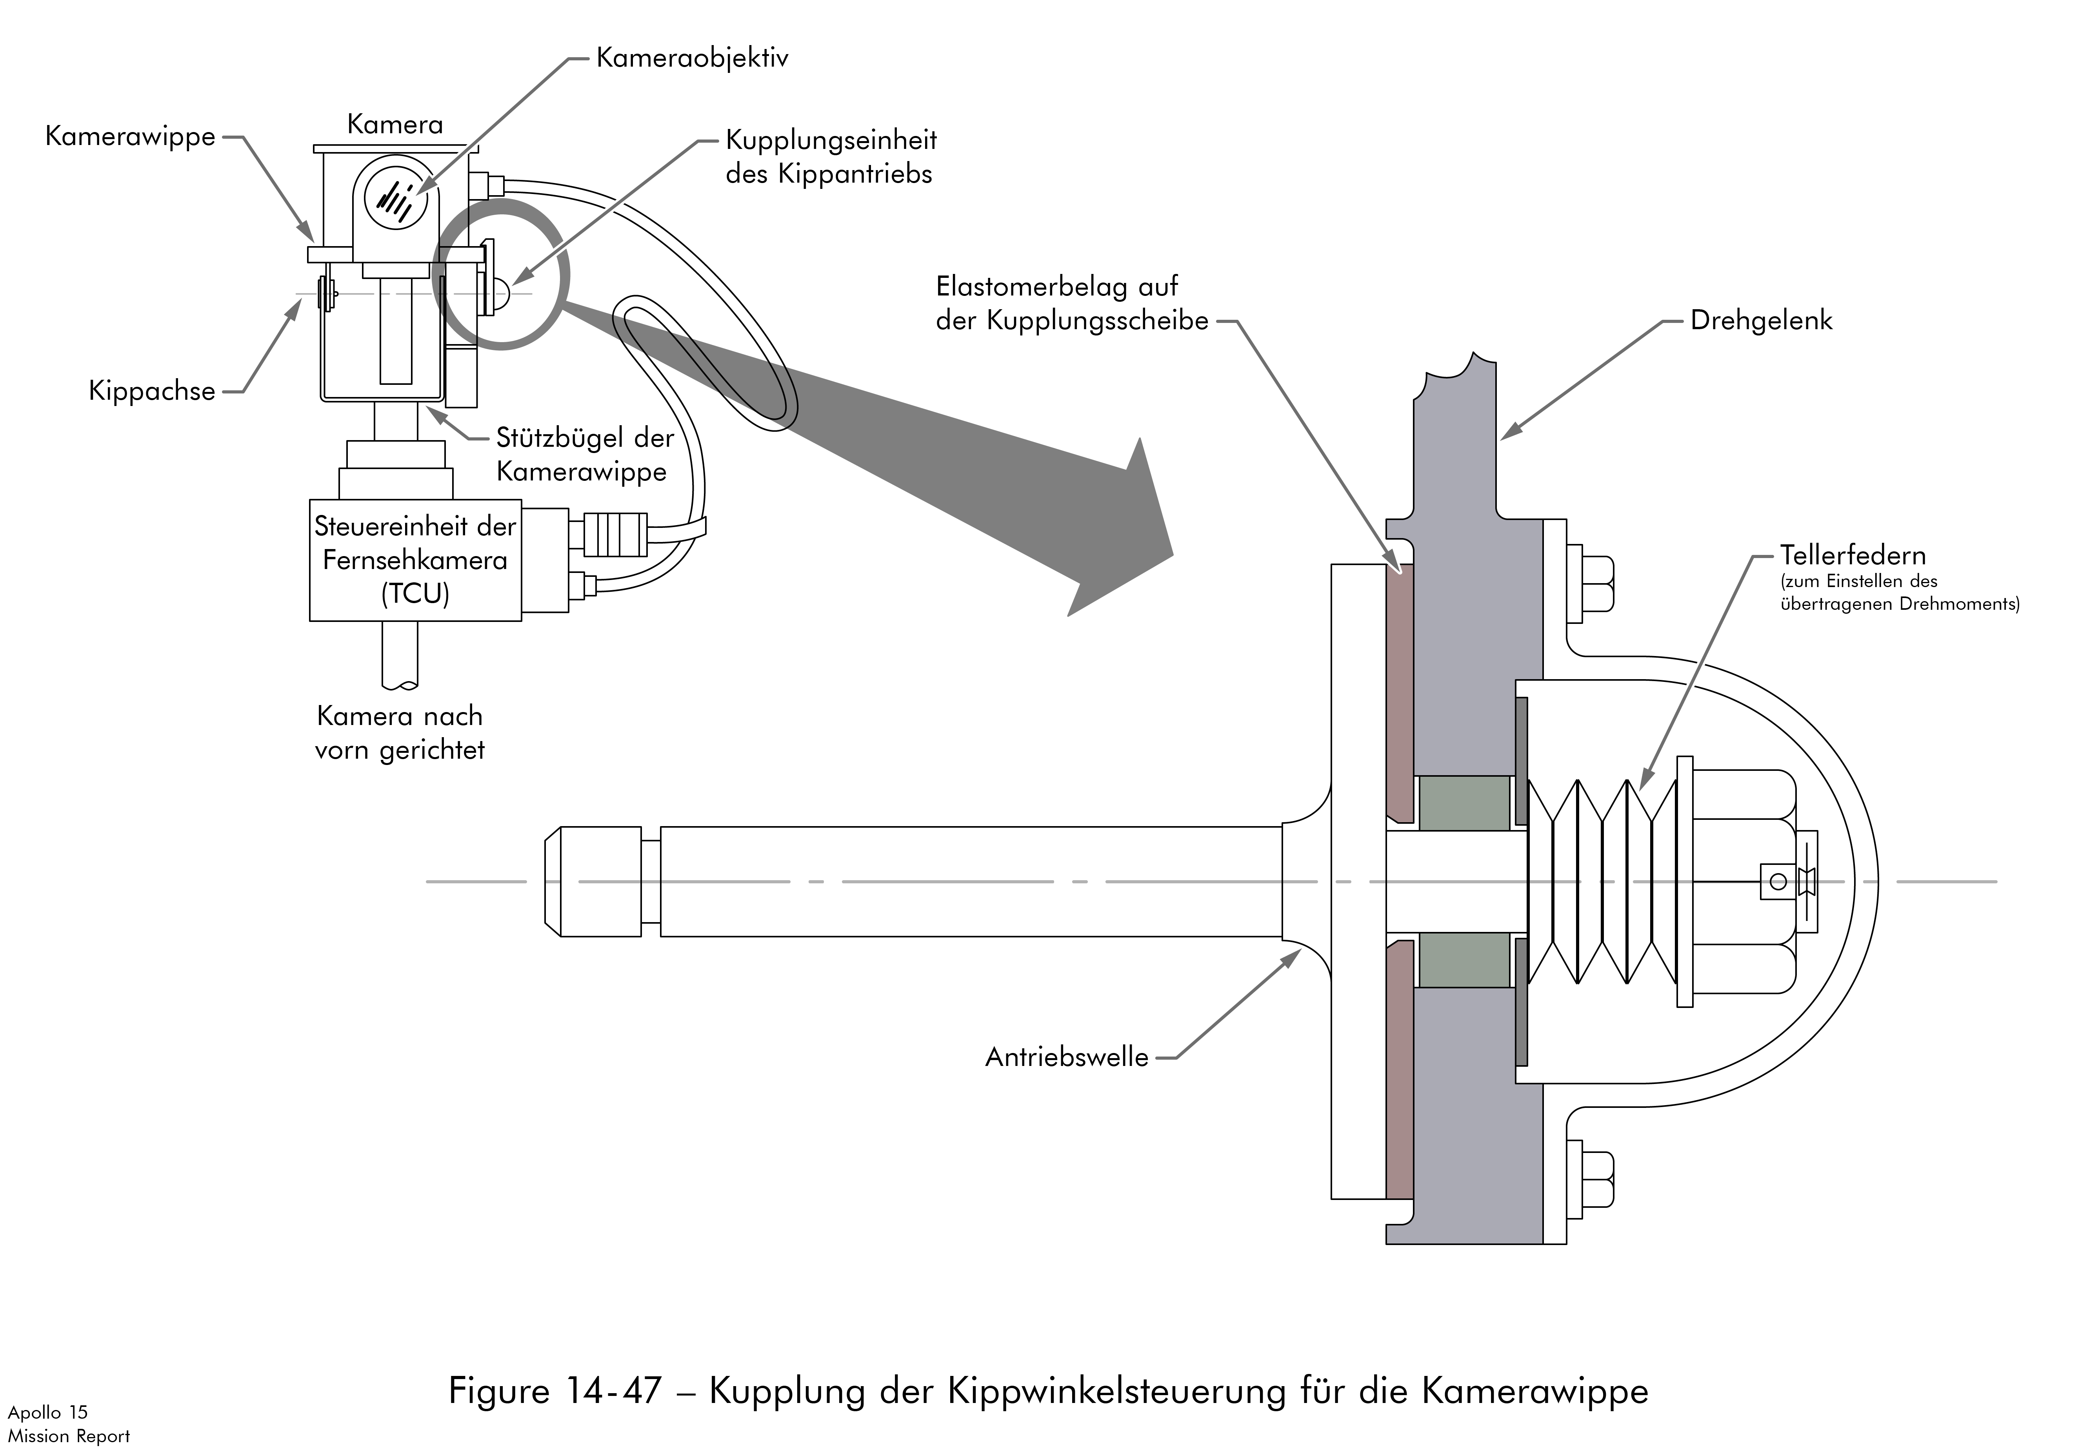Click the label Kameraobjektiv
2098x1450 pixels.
(x=692, y=58)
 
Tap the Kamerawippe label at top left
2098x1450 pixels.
(x=130, y=136)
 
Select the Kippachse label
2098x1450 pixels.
(x=152, y=391)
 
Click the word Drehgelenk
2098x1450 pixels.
(x=1761, y=321)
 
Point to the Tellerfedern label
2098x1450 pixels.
(x=1853, y=555)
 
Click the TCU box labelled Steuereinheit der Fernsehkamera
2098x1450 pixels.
(x=415, y=560)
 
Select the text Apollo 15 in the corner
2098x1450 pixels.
(x=47, y=1412)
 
